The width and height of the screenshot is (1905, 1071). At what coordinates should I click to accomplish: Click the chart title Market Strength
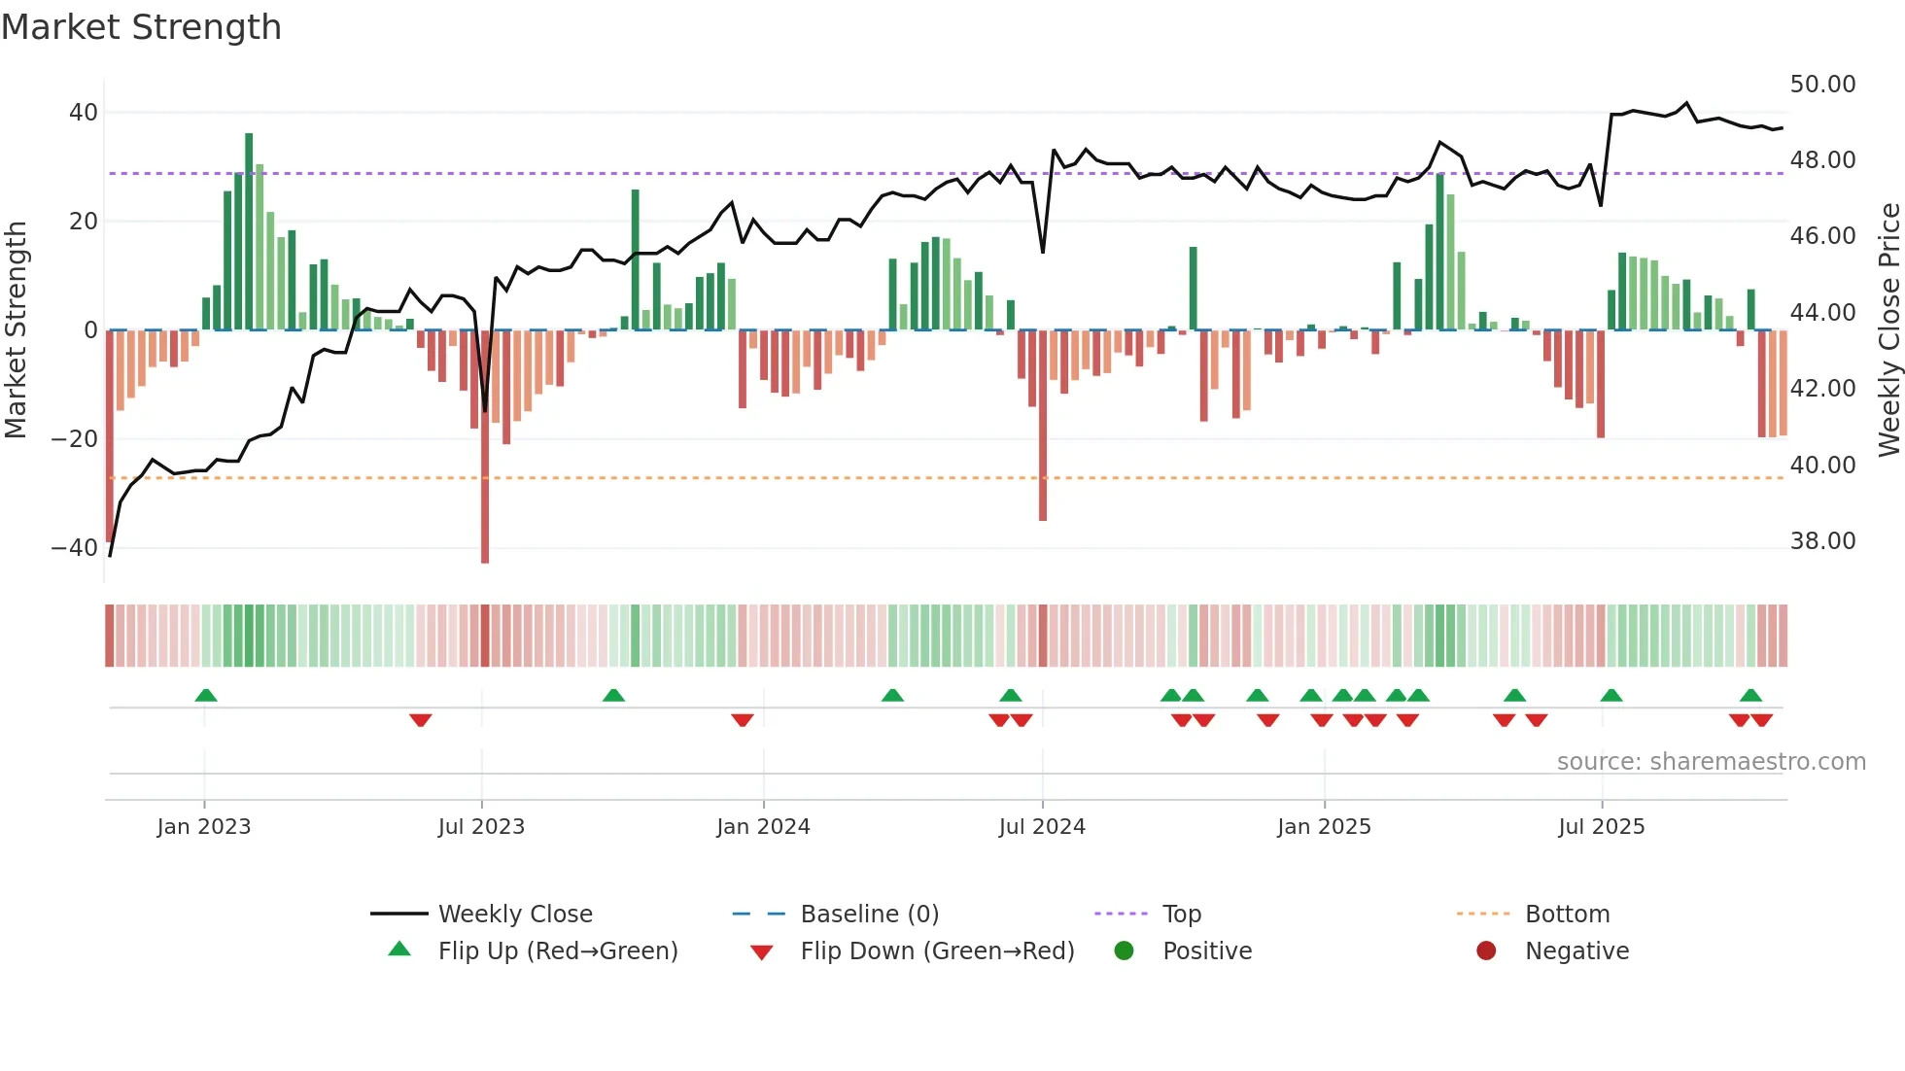pos(141,27)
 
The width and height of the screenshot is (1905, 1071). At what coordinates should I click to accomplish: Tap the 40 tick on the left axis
pos(84,113)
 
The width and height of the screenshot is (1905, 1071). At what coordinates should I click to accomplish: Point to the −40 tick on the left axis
pos(75,548)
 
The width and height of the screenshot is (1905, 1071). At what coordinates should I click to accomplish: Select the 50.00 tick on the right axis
pos(1822,85)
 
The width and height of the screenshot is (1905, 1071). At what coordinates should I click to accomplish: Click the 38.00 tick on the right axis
pos(1822,541)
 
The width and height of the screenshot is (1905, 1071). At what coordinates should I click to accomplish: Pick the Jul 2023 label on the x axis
pos(481,827)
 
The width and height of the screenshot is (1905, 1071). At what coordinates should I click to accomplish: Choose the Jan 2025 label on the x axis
pos(1324,827)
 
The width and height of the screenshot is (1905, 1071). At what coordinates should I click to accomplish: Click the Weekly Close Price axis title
pos(1888,330)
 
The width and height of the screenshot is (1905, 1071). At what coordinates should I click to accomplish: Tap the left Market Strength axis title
pos(17,330)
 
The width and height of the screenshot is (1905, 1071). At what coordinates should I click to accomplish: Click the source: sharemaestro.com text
pos(1711,762)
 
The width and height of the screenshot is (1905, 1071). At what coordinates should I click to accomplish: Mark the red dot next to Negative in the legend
pos(1486,951)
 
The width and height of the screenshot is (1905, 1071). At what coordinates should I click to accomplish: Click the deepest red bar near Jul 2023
pos(485,447)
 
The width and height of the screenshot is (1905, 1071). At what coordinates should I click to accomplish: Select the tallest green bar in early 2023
pos(249,233)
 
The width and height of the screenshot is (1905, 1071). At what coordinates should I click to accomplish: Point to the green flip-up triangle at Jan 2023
pos(206,696)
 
